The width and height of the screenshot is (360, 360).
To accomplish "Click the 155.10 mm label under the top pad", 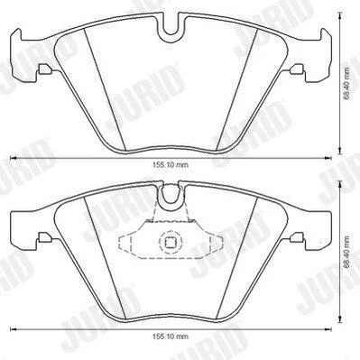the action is pyautogui.click(x=171, y=165).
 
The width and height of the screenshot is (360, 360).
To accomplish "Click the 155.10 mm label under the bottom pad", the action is pyautogui.click(x=171, y=337).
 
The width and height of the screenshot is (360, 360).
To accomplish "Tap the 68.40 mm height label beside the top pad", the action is pyautogui.click(x=347, y=83).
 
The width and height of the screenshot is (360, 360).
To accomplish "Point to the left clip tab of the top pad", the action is pyautogui.click(x=45, y=69).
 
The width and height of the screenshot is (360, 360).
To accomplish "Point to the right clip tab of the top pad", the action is pyautogui.click(x=297, y=69).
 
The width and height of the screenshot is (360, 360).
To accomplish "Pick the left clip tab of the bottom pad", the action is pyautogui.click(x=45, y=237).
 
